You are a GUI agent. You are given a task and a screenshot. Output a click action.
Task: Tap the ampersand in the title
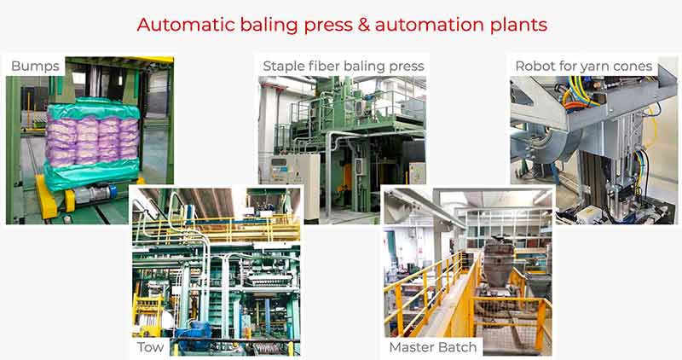[x=363, y=25]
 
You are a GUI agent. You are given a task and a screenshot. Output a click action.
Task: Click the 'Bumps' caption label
[x=35, y=67]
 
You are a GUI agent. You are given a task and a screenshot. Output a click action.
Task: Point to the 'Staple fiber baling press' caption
[x=344, y=67]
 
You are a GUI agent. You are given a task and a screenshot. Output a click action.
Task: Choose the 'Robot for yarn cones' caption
[x=584, y=67]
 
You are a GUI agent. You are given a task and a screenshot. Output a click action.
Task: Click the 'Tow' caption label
[x=151, y=347]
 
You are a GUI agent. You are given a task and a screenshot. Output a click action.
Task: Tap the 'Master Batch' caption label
[x=433, y=347]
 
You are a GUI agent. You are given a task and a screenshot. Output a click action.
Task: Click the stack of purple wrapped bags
[x=92, y=140]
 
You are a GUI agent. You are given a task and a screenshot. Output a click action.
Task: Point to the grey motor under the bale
[x=91, y=195]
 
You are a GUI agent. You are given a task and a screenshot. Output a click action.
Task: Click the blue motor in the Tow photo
[x=194, y=334]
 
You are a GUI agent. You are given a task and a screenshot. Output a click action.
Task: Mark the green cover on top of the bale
[x=93, y=108]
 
